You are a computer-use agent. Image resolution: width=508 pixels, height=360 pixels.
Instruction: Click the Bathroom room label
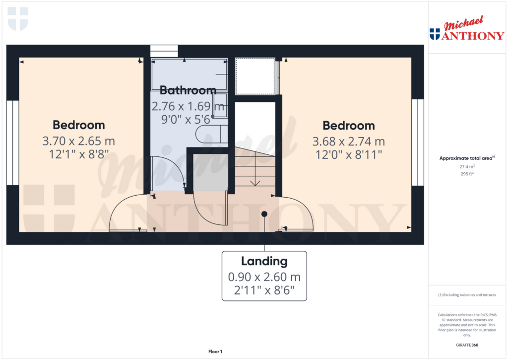[188, 90]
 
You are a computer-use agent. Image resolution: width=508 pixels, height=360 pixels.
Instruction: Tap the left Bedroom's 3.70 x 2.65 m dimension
[79, 142]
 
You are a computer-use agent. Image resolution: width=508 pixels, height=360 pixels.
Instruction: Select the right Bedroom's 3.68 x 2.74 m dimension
[348, 142]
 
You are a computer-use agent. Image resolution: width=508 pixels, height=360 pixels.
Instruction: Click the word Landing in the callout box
[264, 261]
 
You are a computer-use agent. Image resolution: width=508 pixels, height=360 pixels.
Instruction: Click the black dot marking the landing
[264, 214]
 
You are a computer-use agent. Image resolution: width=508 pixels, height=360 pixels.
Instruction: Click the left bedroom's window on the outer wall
[12, 143]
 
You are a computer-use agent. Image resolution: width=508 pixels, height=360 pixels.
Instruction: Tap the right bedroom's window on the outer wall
[418, 143]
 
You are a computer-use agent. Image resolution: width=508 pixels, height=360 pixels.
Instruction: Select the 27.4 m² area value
[467, 167]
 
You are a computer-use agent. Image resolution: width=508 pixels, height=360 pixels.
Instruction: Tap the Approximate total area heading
[466, 158]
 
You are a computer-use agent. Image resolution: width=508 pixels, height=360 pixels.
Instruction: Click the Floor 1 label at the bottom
[215, 352]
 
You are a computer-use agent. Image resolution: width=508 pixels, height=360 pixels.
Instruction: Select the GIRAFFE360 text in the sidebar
[467, 345]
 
